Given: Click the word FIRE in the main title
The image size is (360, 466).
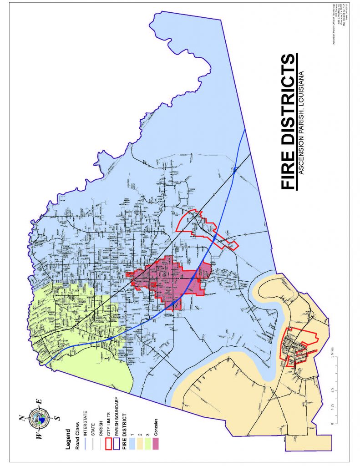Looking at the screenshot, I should click(x=288, y=169).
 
